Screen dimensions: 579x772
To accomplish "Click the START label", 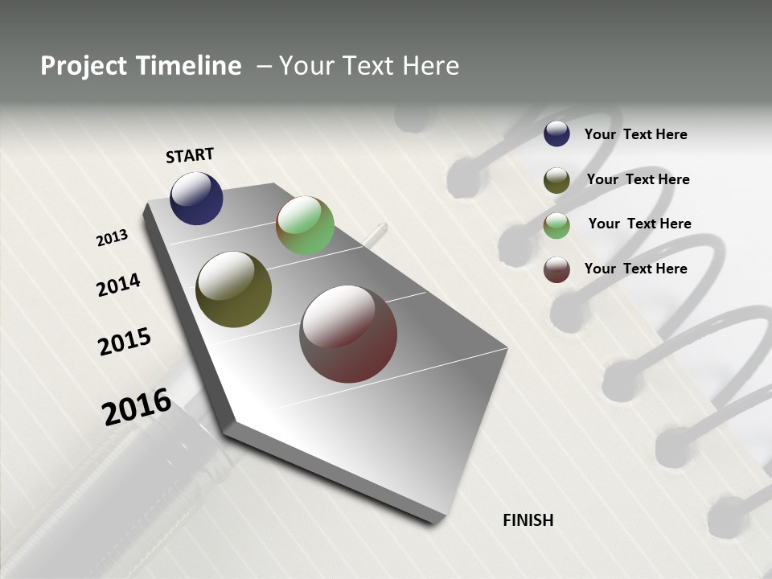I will coord(190,155).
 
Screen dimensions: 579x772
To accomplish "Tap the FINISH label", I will coord(528,520).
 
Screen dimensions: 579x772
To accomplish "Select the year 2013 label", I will coord(112,238).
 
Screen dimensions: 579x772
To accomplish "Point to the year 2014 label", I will coord(118,285).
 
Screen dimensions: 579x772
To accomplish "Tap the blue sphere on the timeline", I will coord(196,198).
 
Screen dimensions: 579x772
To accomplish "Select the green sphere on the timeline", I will coord(305,225).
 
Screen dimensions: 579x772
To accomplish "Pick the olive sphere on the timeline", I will coord(233,289).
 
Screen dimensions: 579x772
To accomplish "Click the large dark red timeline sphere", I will coord(348,334).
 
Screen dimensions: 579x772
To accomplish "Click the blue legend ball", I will coord(556,133).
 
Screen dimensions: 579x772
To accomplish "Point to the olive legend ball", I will coord(556,180).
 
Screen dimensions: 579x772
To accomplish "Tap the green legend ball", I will coord(556,225).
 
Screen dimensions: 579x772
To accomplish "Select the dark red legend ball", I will coord(556,269).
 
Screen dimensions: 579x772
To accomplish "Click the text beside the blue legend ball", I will coord(635,134).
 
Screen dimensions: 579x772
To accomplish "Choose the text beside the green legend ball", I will coord(639,224).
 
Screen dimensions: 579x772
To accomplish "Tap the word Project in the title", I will coord(83,66).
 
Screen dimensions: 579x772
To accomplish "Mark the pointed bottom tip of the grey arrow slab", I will coord(439,521).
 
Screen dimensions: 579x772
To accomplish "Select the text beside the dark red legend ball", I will coord(635,269).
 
